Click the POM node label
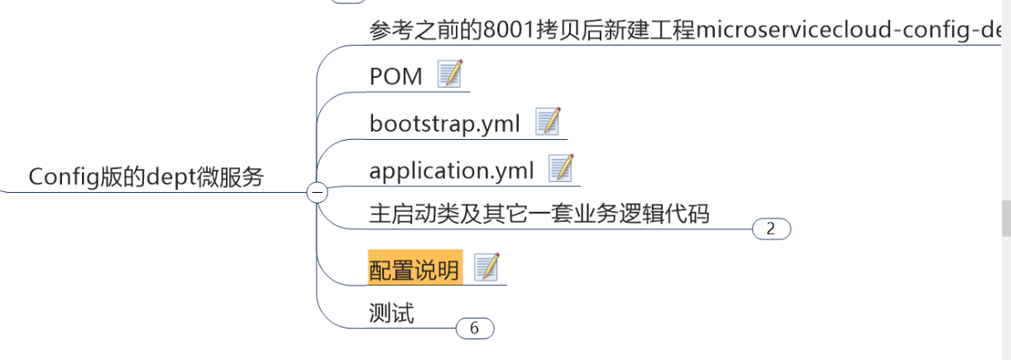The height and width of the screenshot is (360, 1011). [395, 76]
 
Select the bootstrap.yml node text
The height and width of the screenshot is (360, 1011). [444, 123]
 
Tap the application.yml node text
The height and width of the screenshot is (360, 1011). [451, 170]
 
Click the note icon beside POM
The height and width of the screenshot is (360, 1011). [450, 74]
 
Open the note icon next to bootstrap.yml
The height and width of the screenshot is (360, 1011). [548, 121]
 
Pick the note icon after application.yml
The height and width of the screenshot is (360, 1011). [561, 168]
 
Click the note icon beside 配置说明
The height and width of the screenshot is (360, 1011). [487, 266]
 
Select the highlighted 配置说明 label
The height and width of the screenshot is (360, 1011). [414, 270]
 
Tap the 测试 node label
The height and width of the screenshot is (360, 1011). [391, 314]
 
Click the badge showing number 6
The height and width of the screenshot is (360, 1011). [474, 329]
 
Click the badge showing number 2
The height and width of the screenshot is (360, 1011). [771, 229]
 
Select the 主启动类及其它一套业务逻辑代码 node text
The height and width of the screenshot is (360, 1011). [539, 214]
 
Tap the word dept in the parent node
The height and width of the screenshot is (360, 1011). [171, 176]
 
